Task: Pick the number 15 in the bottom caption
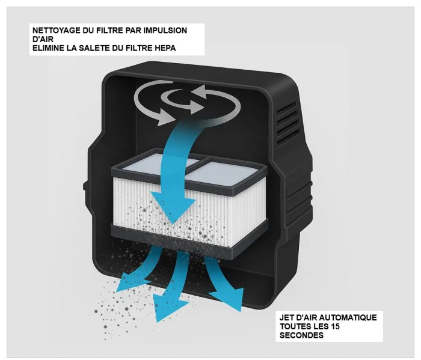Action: point(334,326)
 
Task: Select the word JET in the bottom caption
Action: point(286,317)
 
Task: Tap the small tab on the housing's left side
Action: point(85,186)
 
